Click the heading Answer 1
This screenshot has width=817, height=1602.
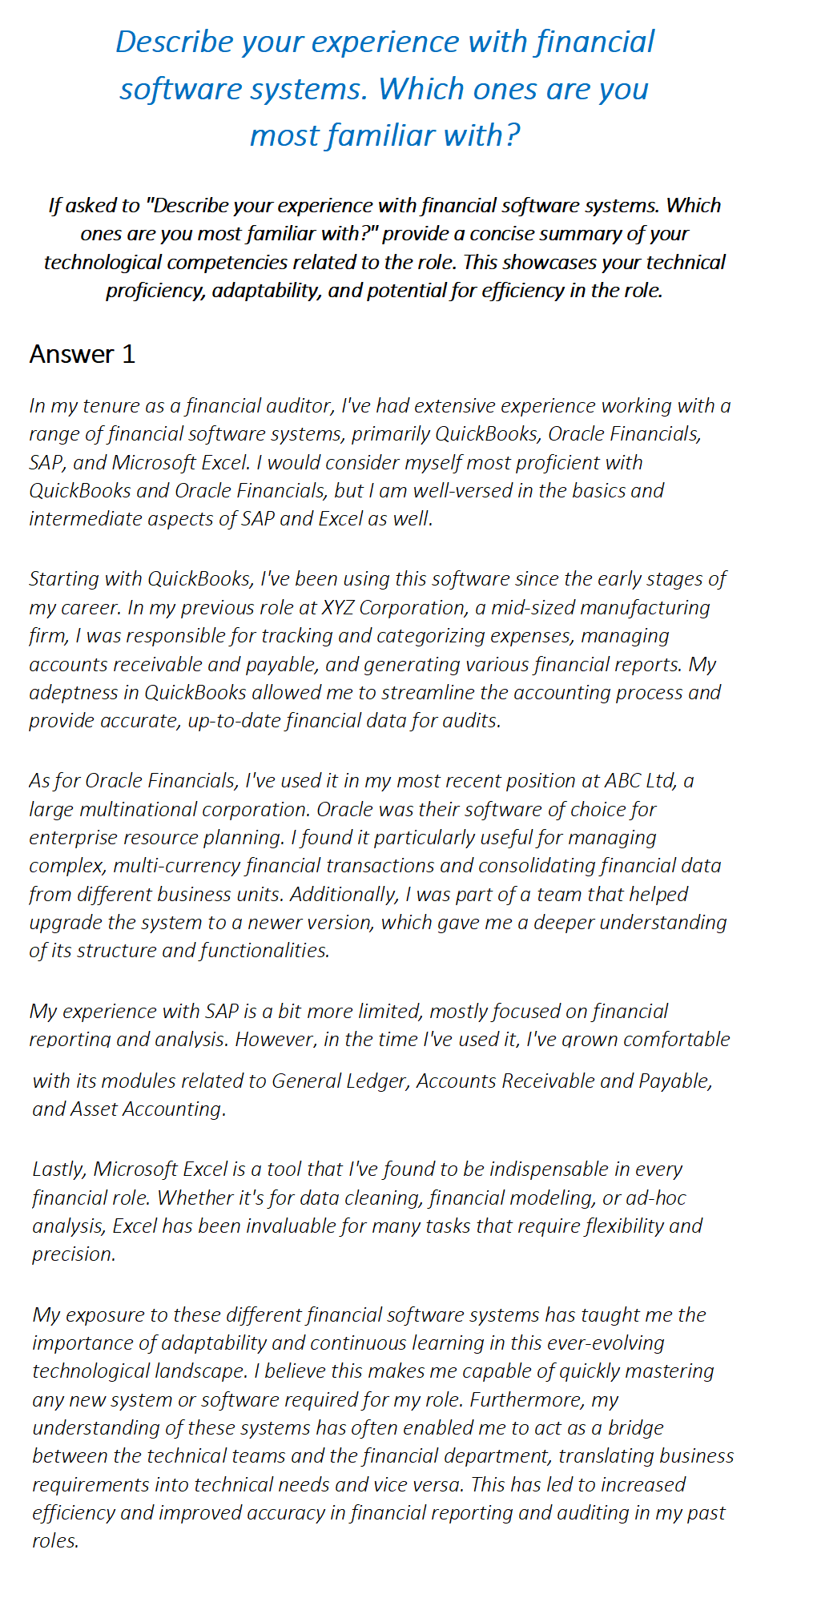[x=82, y=354]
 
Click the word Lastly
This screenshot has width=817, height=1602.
[x=60, y=1169]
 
